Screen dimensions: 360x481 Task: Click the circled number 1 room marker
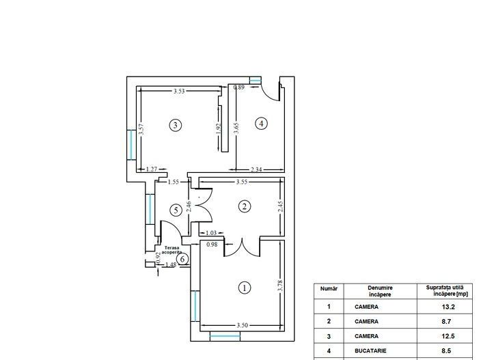[244, 288]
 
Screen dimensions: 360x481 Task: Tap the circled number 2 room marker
[244, 206]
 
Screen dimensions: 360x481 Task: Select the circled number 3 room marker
[176, 125]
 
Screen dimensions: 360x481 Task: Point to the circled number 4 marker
[260, 124]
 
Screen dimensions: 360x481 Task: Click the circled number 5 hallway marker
[176, 210]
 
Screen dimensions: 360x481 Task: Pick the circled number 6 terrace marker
[182, 258]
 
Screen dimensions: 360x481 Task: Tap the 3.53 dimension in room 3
[180, 91]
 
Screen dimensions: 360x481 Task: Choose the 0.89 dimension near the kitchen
[239, 87]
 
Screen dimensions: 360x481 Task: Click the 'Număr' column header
[329, 289]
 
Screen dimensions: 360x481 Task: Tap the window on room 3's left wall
[130, 143]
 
